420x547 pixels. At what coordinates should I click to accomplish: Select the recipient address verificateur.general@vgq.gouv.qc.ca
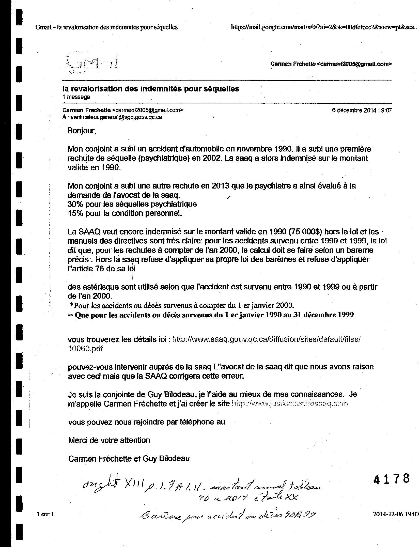(x=116, y=117)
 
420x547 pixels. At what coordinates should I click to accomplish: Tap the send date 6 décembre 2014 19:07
(x=362, y=110)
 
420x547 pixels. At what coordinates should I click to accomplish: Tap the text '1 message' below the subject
(x=76, y=97)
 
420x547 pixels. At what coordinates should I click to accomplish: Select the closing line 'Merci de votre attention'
(x=109, y=440)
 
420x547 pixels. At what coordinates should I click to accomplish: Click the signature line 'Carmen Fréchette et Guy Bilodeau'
(x=129, y=459)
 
